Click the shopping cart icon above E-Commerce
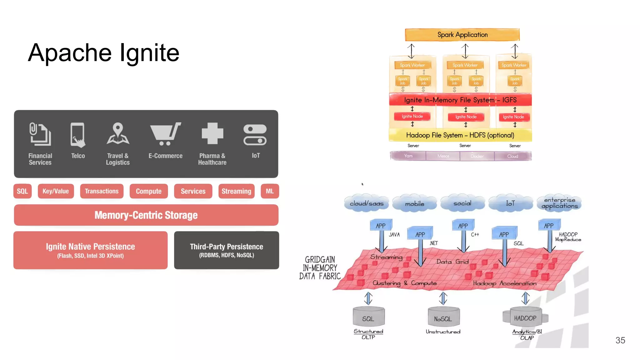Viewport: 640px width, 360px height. (x=165, y=134)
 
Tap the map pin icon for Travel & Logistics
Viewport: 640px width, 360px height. (x=118, y=134)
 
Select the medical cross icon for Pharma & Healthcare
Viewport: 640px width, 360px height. (x=212, y=133)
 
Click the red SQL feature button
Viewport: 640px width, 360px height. (x=22, y=191)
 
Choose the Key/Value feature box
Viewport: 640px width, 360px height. (x=56, y=191)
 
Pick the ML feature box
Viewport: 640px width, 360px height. (x=270, y=191)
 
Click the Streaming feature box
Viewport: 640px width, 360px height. (x=236, y=191)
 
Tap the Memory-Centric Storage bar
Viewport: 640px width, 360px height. (x=146, y=215)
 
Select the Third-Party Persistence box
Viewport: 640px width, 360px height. (x=226, y=250)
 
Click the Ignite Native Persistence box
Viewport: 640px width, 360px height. (x=90, y=250)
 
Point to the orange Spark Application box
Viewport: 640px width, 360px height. (x=462, y=35)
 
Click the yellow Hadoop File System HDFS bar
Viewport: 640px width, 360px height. (x=460, y=135)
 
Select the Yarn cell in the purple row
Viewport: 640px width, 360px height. (x=408, y=156)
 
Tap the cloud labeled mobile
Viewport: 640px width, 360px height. (x=414, y=204)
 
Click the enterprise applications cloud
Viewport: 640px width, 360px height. (x=559, y=203)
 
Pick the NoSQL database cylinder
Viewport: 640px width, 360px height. (x=443, y=317)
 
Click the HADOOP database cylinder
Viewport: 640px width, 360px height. (x=525, y=317)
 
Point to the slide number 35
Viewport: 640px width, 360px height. (x=620, y=340)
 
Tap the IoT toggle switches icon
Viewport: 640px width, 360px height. (x=255, y=135)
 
